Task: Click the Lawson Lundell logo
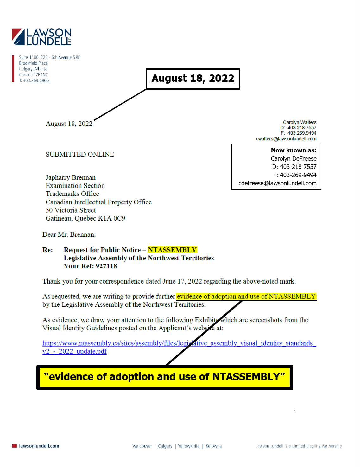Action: click(x=41, y=37)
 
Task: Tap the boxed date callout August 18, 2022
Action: click(x=193, y=79)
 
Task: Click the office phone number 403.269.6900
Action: click(x=36, y=80)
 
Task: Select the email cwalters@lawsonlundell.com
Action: click(x=286, y=139)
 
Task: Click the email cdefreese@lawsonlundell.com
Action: click(x=277, y=183)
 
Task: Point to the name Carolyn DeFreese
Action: click(x=294, y=158)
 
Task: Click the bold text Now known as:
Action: click(x=294, y=150)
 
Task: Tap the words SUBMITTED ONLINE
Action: click(x=80, y=154)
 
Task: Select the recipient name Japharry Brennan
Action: click(x=71, y=177)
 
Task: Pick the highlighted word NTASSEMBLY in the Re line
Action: click(x=172, y=250)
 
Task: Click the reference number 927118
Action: click(x=106, y=266)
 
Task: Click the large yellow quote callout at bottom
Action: click(x=165, y=377)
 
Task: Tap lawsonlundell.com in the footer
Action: click(x=39, y=446)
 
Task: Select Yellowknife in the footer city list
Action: click(x=189, y=446)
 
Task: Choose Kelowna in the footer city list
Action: click(x=214, y=446)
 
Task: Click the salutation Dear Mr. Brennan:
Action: click(x=69, y=234)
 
